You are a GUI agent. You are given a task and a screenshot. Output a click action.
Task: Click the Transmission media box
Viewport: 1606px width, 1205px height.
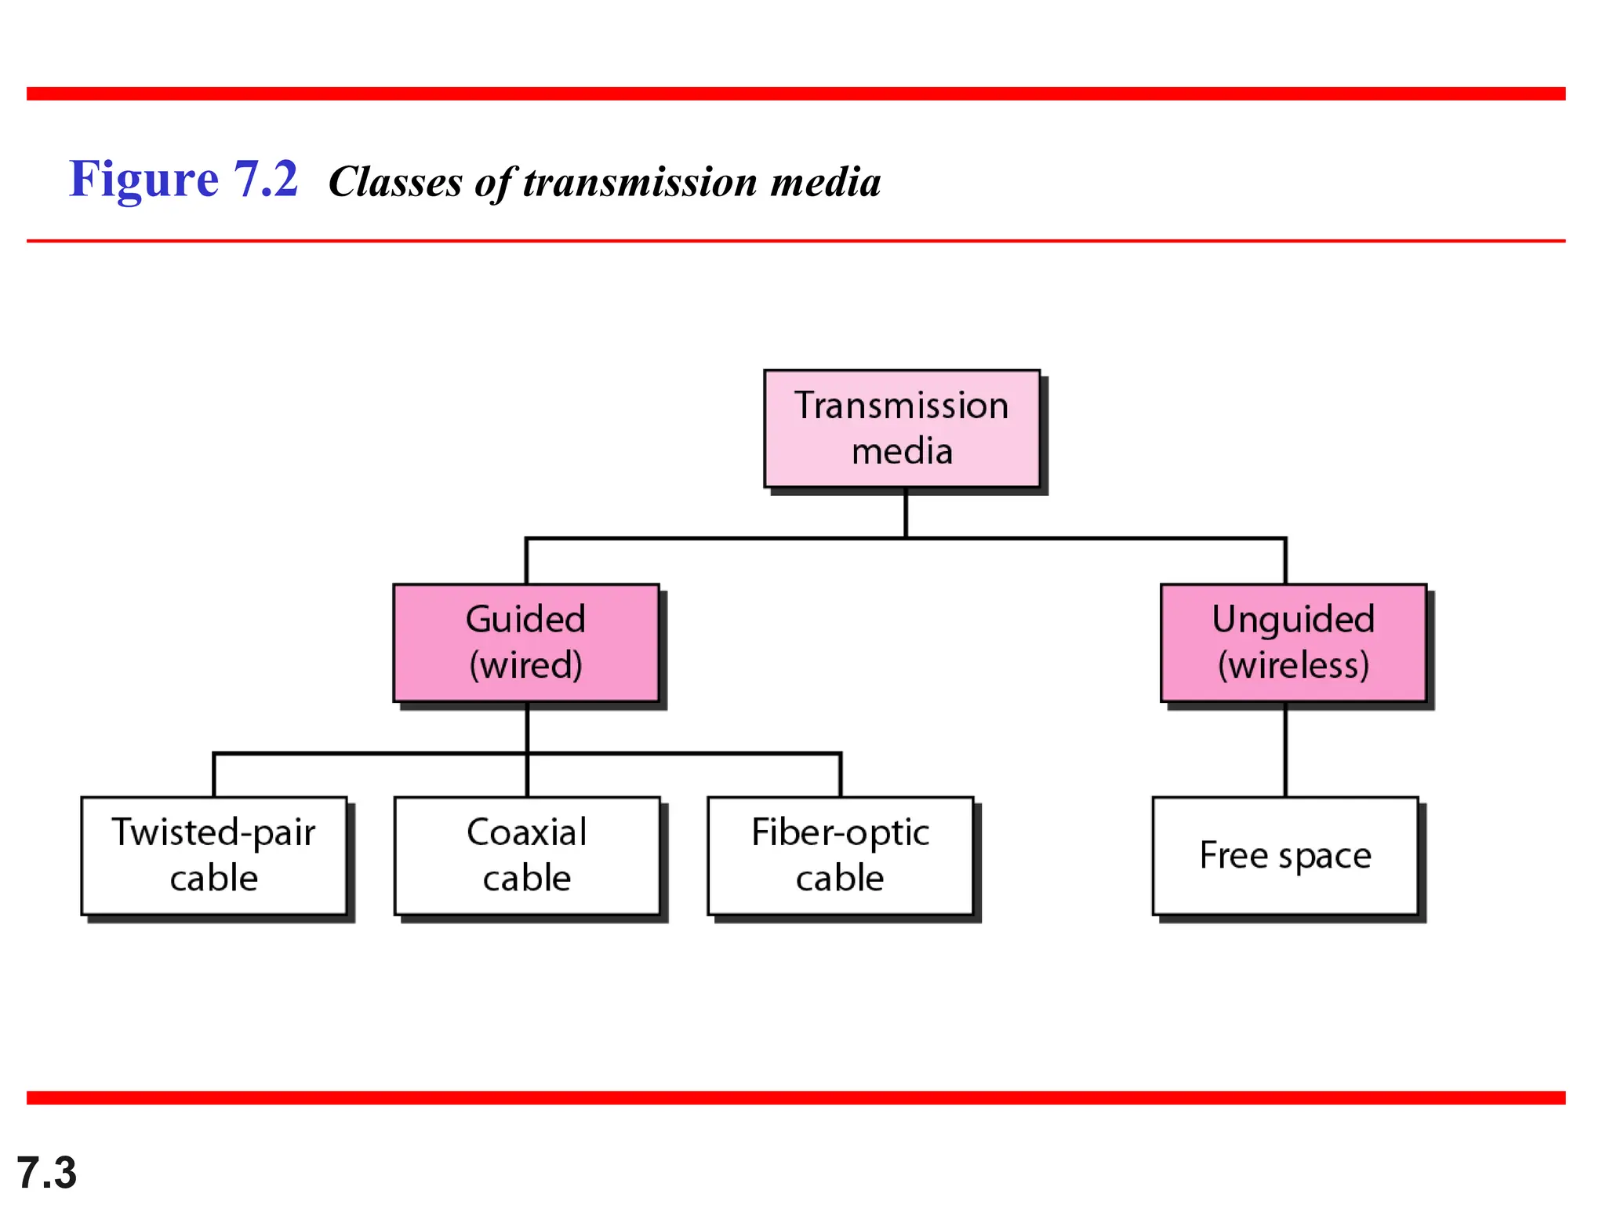click(902, 428)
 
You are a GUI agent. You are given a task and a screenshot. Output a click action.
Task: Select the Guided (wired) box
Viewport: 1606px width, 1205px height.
click(525, 643)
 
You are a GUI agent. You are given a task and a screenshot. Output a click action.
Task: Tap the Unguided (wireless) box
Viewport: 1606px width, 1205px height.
click(1293, 643)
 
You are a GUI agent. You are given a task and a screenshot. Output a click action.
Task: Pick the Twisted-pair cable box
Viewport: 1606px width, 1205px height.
click(213, 856)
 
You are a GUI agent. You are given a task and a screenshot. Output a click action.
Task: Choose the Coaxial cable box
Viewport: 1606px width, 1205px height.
click(526, 856)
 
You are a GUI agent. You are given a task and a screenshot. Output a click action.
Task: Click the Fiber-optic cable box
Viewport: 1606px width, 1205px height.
click(840, 856)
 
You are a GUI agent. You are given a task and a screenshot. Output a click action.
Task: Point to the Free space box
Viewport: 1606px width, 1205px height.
click(1285, 856)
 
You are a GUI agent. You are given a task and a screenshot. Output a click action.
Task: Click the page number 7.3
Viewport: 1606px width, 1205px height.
click(46, 1173)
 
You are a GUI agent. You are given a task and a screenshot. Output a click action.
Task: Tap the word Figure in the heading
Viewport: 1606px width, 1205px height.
click(144, 179)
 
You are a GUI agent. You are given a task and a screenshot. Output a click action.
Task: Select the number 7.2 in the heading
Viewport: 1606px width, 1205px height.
click(266, 179)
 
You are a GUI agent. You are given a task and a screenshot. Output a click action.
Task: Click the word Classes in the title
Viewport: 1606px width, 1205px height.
click(395, 182)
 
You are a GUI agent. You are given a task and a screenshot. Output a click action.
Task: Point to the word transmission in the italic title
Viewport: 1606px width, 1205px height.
click(640, 182)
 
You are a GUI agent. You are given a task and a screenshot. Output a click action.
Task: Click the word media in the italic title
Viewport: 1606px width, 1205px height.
click(826, 182)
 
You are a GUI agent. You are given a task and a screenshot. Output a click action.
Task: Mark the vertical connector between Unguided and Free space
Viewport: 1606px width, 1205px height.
click(1285, 749)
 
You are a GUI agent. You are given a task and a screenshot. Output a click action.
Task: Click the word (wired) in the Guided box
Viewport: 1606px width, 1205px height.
click(525, 665)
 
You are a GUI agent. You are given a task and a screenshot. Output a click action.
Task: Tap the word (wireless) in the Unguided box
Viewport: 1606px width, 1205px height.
click(1293, 665)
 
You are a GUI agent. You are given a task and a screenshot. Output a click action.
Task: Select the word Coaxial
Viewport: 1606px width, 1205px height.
click(526, 832)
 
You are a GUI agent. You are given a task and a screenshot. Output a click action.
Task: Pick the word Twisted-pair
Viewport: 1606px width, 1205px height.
click(213, 832)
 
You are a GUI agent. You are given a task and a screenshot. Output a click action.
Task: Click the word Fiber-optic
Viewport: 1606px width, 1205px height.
click(840, 832)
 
